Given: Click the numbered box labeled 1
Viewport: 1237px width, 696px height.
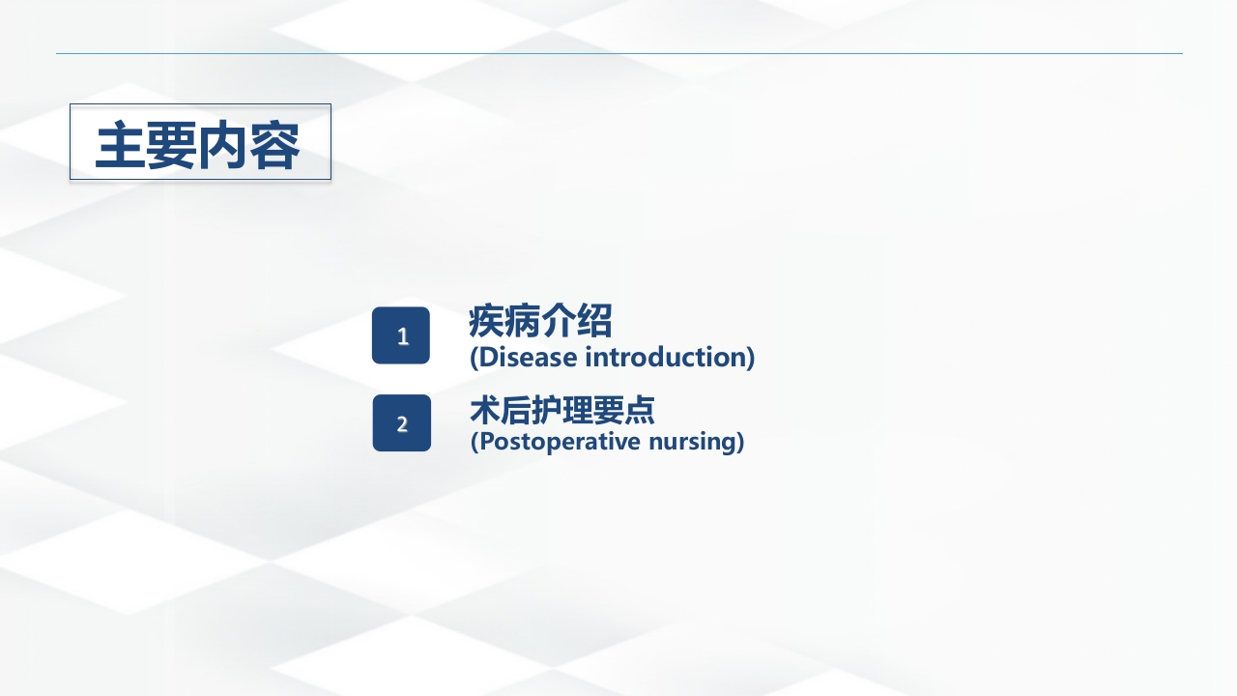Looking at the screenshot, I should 401,335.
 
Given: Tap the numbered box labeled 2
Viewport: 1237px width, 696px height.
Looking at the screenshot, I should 401,423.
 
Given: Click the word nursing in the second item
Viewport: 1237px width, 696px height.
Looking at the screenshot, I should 696,442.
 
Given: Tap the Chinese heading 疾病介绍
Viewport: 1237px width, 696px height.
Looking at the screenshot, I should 540,321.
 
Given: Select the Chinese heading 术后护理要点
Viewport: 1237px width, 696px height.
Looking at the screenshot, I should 562,410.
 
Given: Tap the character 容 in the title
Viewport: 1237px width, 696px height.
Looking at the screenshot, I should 274,146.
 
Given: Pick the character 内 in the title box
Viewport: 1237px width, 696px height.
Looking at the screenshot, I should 223,146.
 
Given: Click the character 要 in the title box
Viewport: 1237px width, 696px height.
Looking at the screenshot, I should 172,146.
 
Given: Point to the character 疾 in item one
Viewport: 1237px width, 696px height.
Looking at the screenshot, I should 486,321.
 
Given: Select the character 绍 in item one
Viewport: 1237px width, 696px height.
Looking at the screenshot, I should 594,321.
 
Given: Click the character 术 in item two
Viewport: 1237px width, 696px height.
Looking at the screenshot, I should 485,410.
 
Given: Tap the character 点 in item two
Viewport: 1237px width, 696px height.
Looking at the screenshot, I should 640,410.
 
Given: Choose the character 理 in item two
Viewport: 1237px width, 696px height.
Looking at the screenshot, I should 578,410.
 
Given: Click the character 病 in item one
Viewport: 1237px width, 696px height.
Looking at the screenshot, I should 522,321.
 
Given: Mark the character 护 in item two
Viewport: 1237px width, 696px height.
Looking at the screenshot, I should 547,410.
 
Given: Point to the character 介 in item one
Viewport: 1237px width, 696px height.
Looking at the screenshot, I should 559,321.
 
